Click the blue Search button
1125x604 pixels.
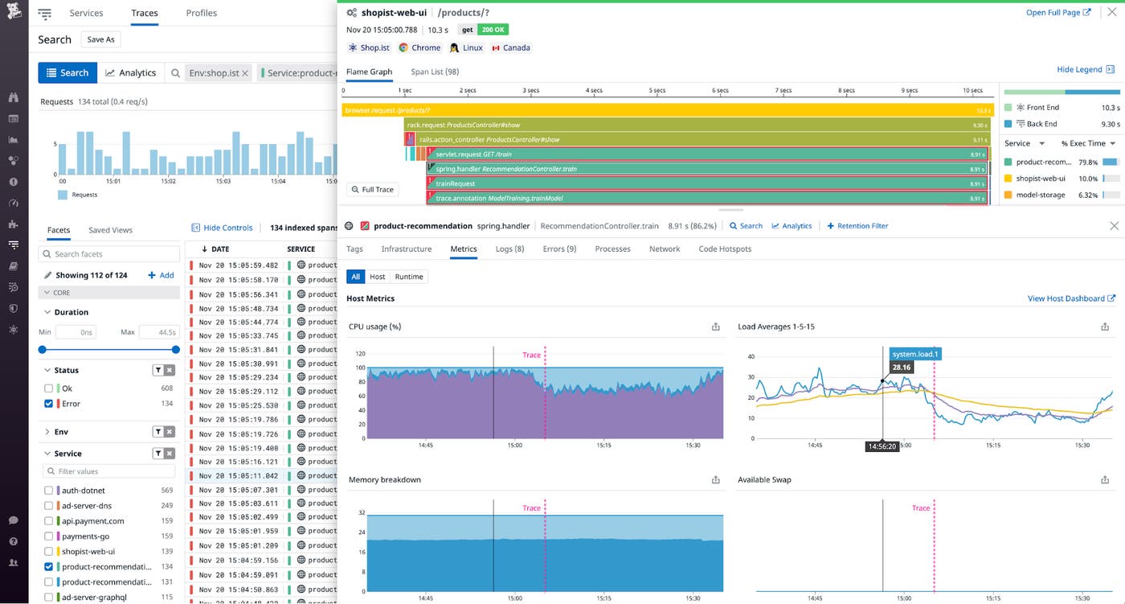(67, 72)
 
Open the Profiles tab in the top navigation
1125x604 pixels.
(201, 13)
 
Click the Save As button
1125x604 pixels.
(101, 39)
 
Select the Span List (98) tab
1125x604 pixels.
(435, 72)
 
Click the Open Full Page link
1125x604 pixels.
(1058, 13)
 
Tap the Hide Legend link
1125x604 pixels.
(1085, 70)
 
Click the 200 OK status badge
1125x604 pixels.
(493, 30)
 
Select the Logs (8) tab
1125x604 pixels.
(509, 249)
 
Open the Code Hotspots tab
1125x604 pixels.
(725, 249)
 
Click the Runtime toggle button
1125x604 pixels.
(408, 277)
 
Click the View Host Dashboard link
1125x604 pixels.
(1071, 298)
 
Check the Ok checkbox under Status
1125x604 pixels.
(49, 388)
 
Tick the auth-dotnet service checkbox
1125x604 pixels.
(49, 491)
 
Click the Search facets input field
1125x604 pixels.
(109, 254)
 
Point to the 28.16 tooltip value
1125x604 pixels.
(901, 368)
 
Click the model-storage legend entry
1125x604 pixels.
(1040, 195)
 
